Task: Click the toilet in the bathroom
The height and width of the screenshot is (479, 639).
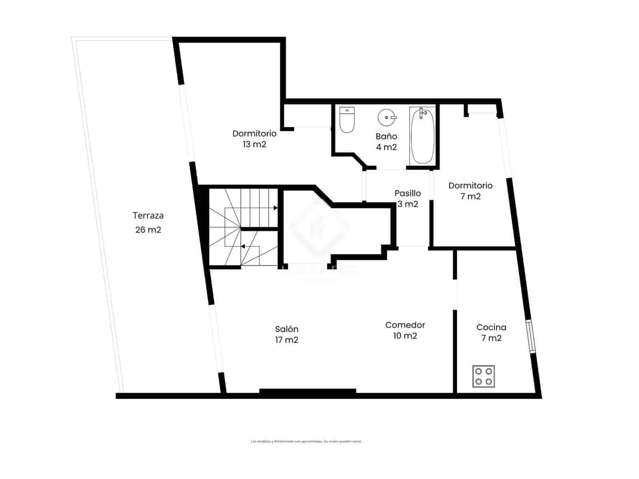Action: [347, 120]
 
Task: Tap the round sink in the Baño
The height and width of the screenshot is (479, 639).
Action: [387, 117]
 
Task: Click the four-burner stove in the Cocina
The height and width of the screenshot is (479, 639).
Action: [483, 376]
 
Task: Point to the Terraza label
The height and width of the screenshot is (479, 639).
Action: [148, 216]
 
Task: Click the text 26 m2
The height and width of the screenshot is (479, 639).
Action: [148, 230]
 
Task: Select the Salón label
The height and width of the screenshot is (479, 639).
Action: [287, 329]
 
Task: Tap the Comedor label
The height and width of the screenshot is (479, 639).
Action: [405, 325]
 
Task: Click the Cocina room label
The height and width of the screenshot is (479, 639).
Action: [491, 327]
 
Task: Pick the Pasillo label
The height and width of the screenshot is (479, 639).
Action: [407, 193]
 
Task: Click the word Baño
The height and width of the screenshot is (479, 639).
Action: [386, 137]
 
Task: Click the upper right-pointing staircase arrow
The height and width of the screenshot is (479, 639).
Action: [275, 208]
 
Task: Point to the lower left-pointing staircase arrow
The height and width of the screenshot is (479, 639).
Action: [242, 246]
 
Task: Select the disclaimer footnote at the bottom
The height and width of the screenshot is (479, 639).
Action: [306, 441]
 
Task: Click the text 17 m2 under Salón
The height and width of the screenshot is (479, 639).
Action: [287, 340]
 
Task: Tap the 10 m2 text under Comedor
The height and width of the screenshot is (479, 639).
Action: [405, 336]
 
